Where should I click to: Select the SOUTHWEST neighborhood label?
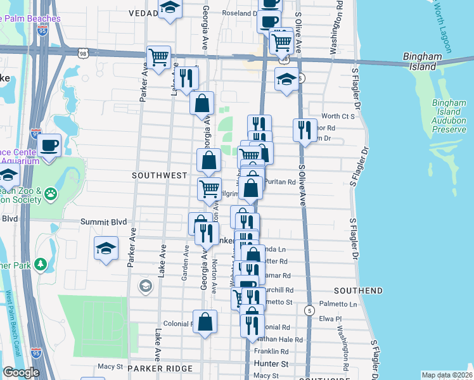(159, 175)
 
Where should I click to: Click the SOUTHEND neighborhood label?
(357, 291)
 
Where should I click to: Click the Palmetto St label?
(333, 303)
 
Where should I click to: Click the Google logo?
(21, 372)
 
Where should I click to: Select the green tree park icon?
(41, 263)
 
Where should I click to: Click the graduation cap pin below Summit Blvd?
(106, 248)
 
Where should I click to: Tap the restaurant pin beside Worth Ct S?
(305, 130)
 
